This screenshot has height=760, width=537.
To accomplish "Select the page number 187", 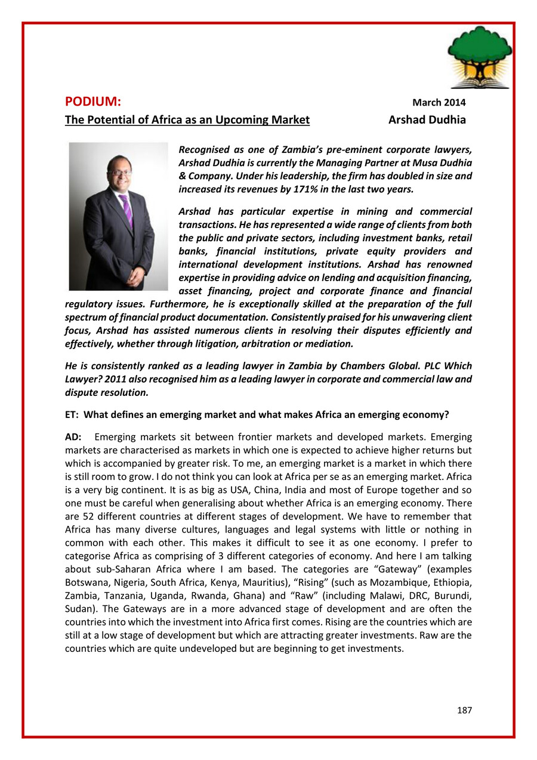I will coord(464,710).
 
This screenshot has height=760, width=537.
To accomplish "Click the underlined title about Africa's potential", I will coord(187,120).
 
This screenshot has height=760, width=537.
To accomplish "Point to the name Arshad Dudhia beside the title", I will coord(427,120).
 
